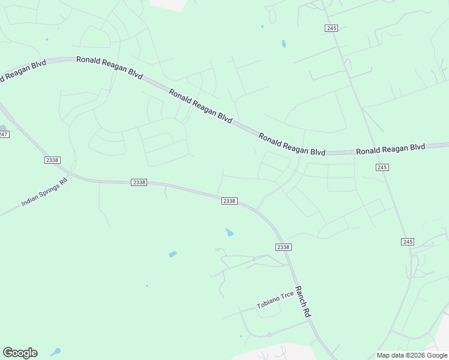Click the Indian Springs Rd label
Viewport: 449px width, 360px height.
pos(44,191)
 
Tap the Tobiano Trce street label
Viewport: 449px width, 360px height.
pos(276,299)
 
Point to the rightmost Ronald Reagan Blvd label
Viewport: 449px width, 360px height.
pos(390,148)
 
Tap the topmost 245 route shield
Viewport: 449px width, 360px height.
pos(331,28)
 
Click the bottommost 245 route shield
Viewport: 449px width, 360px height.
pos(408,241)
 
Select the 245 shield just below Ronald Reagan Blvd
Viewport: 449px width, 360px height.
pos(382,167)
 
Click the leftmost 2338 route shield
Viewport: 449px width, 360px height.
pos(52,160)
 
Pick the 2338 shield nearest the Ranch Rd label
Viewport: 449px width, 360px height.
pos(283,247)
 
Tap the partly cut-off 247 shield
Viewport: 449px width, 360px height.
pos(3,134)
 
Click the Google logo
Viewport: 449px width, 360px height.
pos(20,353)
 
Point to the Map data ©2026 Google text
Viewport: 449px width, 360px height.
pos(411,355)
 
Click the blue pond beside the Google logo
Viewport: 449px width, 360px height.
pos(56,352)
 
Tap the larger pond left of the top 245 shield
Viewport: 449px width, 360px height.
pos(283,44)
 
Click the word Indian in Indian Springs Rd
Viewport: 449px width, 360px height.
pos(30,199)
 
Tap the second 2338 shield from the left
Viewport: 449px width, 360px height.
pos(139,182)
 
